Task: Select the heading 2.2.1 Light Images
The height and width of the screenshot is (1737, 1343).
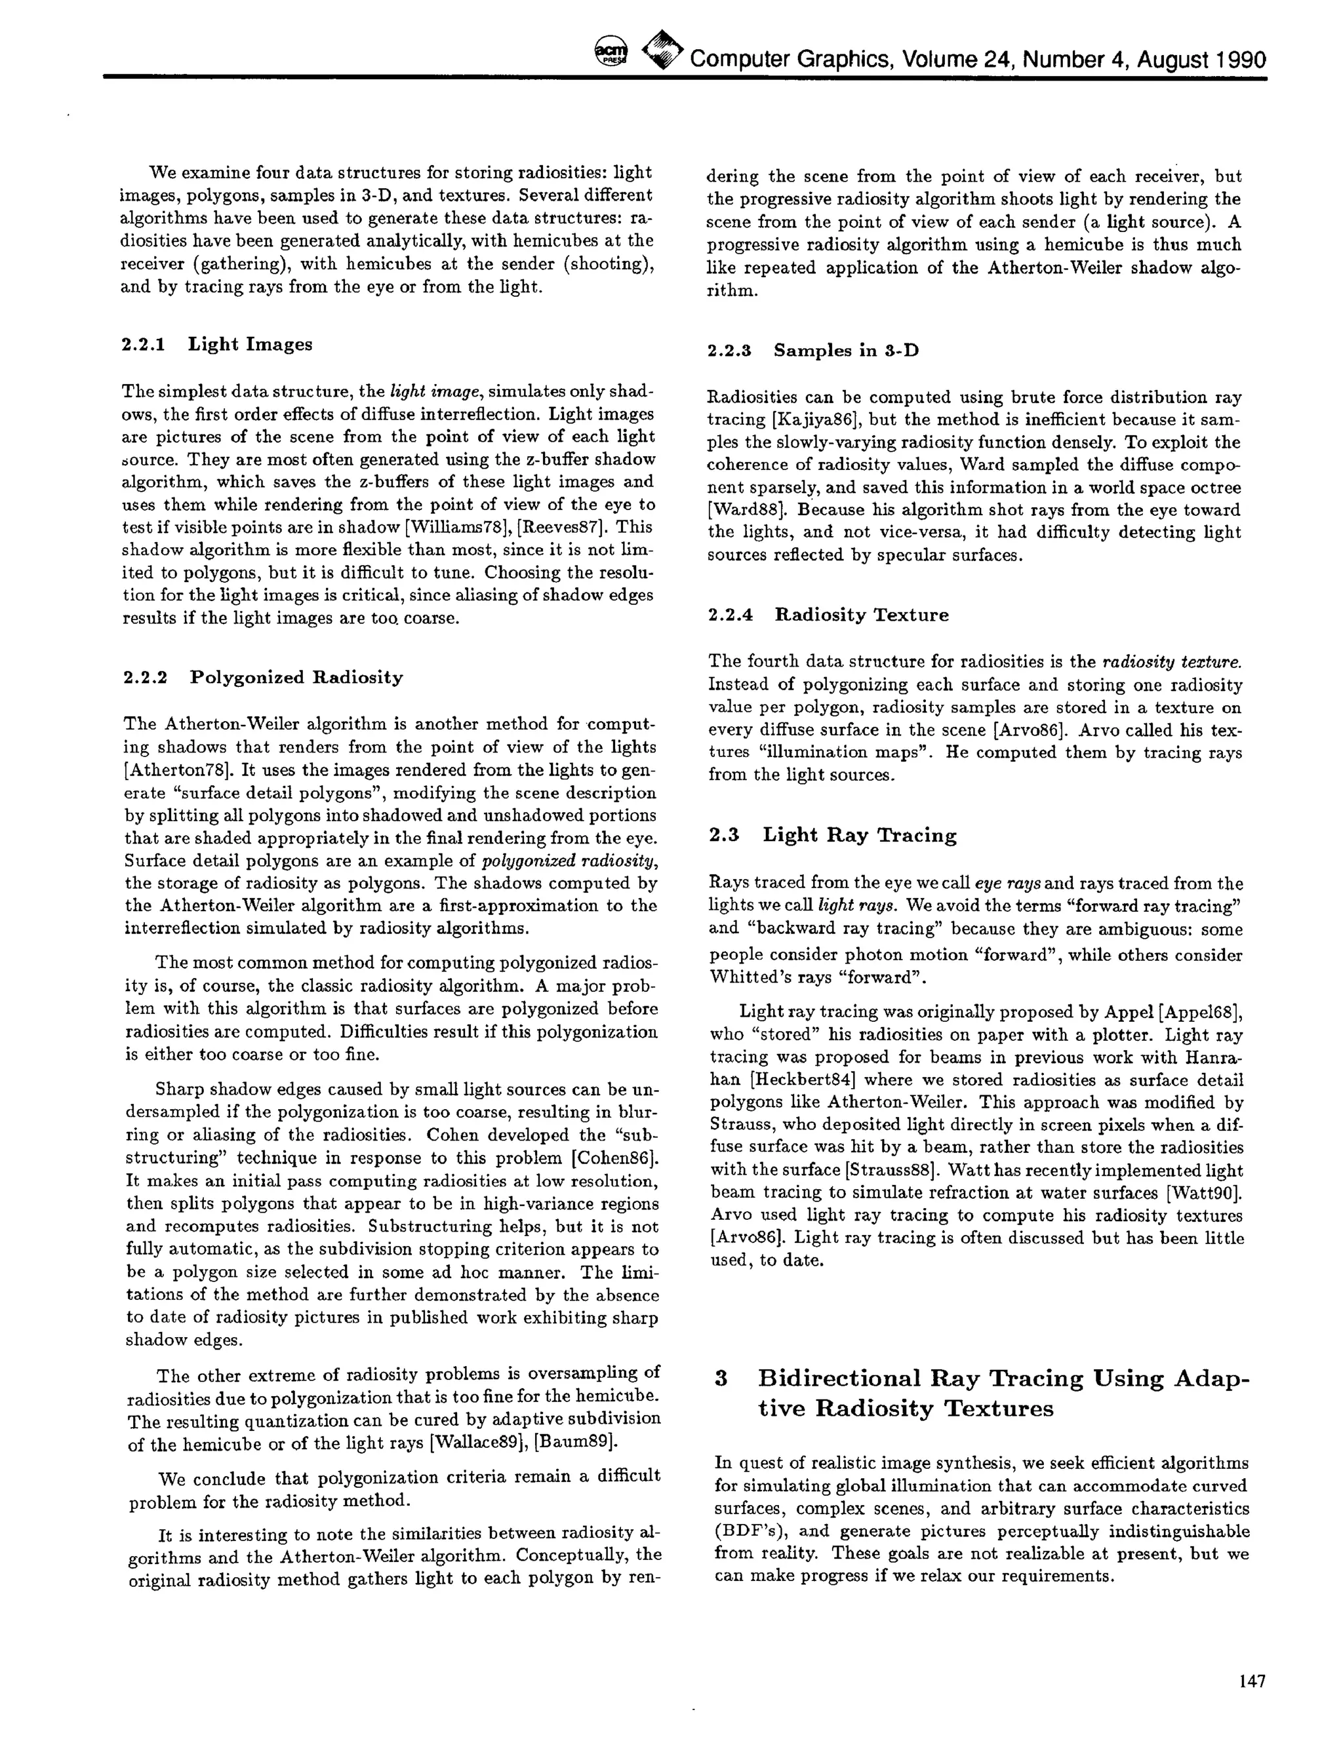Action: click(216, 344)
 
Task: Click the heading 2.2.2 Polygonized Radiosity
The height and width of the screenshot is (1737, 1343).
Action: click(264, 678)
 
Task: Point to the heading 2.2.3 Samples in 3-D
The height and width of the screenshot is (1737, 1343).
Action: click(812, 351)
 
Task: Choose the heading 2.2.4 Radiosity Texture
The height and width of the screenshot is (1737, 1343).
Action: click(828, 615)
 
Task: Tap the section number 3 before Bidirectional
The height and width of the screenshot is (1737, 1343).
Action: click(721, 1379)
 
